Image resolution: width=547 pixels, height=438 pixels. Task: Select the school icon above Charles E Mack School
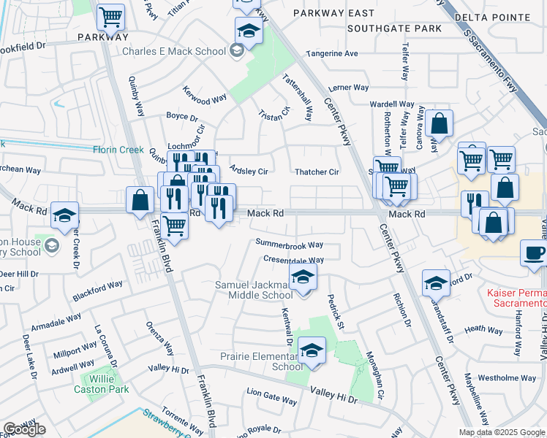coord(249,31)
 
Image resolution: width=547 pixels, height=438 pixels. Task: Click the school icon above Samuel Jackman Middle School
coord(303,277)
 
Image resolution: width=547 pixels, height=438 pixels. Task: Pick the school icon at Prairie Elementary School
coord(312,351)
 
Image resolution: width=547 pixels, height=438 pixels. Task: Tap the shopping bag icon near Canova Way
coord(440,123)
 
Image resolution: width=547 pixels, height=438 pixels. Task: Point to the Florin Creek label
coord(118,150)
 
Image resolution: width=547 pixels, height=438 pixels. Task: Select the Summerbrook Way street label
coord(290,244)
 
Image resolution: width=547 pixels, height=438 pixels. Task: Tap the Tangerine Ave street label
coord(331,53)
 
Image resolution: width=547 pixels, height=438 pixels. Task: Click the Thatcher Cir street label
coord(317,172)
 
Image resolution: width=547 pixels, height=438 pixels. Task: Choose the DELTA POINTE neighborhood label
coord(502,17)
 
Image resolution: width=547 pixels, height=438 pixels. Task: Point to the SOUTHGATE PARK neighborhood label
coord(395,28)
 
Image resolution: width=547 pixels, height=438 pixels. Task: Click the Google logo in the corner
coord(24,429)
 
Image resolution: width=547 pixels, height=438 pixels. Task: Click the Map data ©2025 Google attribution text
coord(501,432)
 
